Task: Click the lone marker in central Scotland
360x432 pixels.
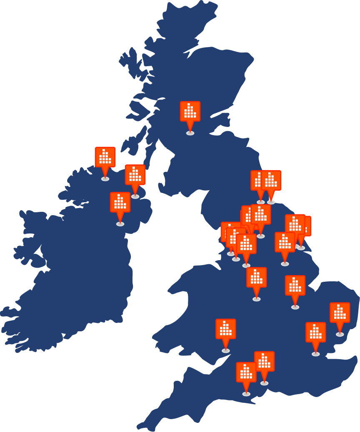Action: click(x=190, y=112)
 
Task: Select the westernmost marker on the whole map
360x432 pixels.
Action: click(x=105, y=157)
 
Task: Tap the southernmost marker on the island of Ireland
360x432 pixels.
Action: click(x=120, y=202)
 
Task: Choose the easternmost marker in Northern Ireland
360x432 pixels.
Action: click(x=135, y=175)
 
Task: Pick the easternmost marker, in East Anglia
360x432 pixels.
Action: click(x=340, y=313)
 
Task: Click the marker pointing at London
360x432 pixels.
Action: click(x=315, y=332)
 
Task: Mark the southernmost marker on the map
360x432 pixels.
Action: click(x=246, y=372)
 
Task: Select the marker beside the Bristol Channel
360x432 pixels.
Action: click(x=225, y=329)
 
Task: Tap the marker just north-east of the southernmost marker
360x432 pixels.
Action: click(x=264, y=361)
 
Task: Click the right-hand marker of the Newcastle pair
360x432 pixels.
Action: click(x=271, y=180)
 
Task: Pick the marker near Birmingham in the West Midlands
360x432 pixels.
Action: click(x=256, y=278)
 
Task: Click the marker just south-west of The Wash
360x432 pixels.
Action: click(x=295, y=286)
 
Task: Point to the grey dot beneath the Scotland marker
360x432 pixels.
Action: click(x=190, y=133)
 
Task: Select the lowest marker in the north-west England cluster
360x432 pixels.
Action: click(x=246, y=244)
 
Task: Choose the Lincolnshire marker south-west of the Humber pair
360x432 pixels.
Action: click(x=285, y=242)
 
